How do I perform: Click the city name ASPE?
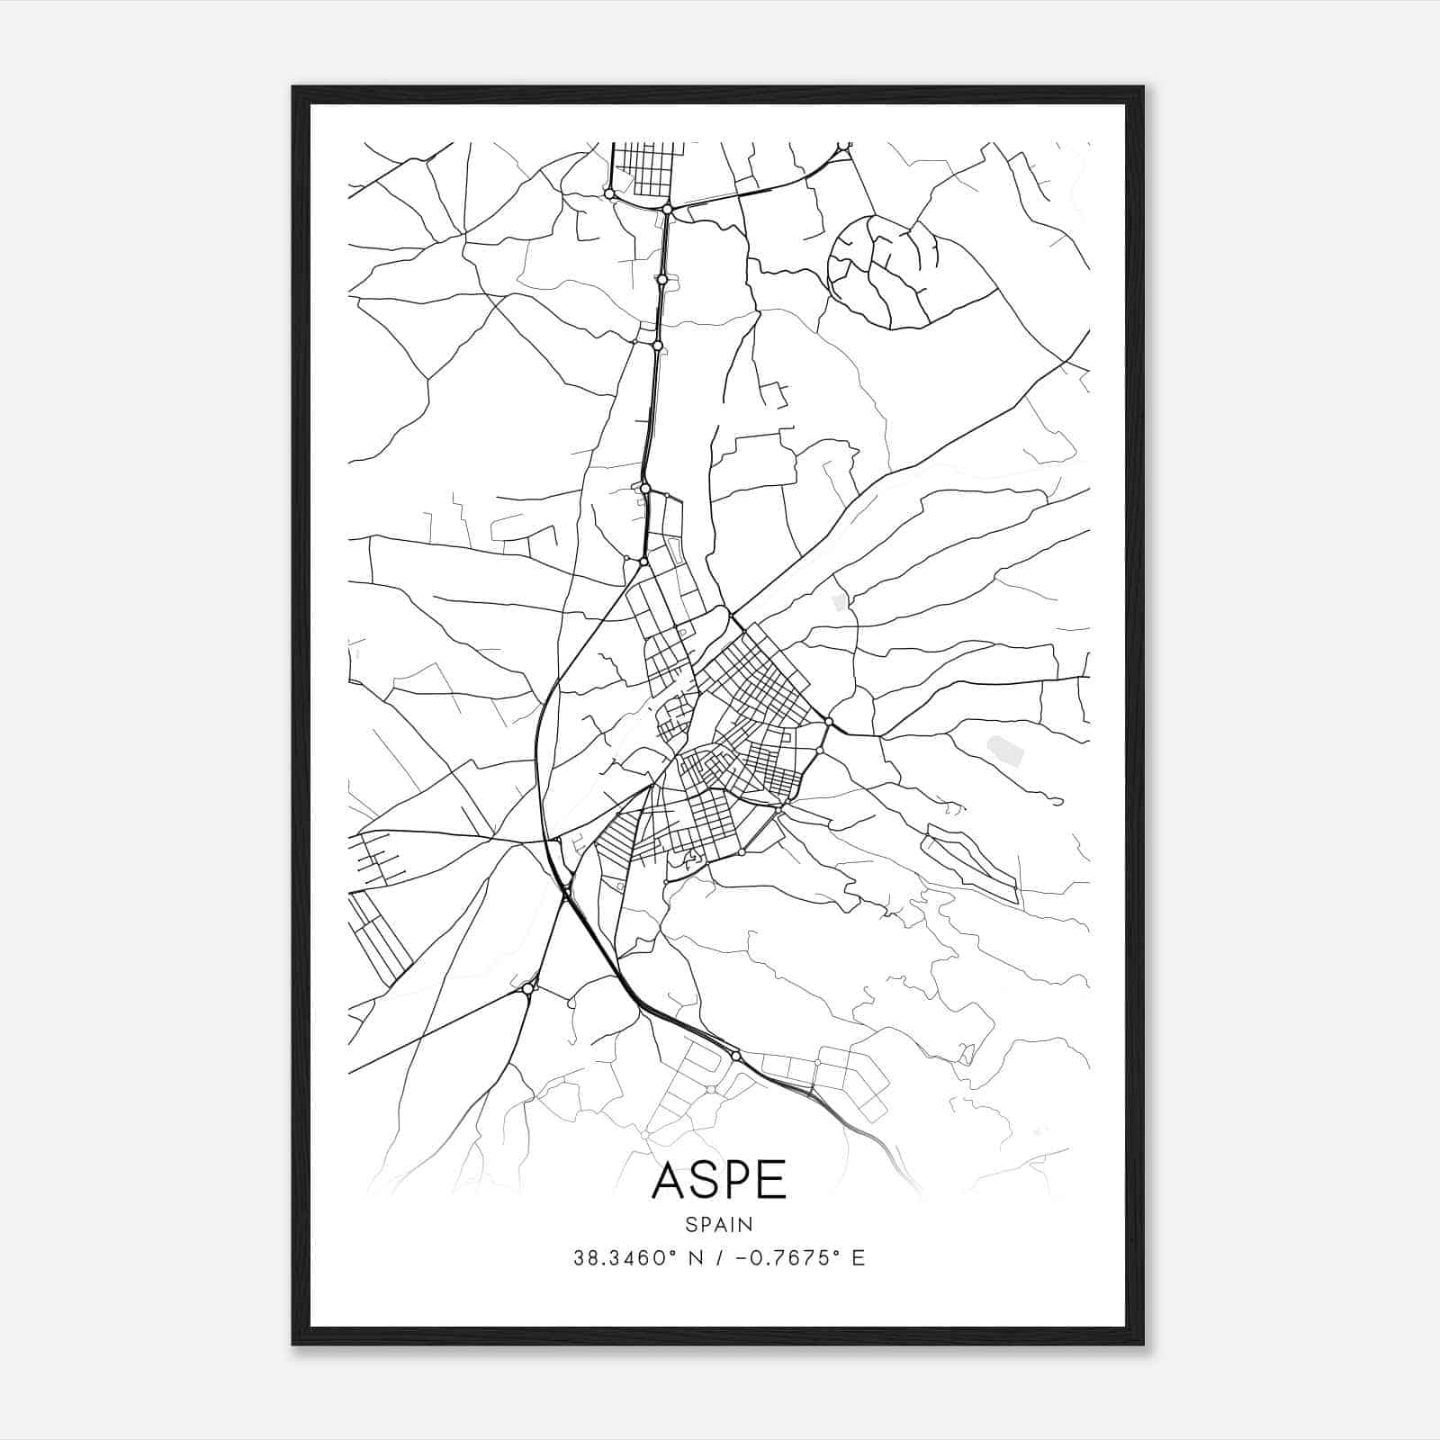(x=718, y=1180)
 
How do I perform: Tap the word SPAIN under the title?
(x=718, y=1224)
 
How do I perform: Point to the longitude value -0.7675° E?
(x=800, y=1258)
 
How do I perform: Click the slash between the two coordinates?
(x=717, y=1258)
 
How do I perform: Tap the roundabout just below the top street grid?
(x=668, y=209)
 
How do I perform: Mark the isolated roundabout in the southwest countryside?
(x=527, y=988)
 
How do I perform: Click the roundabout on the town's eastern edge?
(x=828, y=721)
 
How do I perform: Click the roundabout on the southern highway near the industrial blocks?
(x=735, y=1055)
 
